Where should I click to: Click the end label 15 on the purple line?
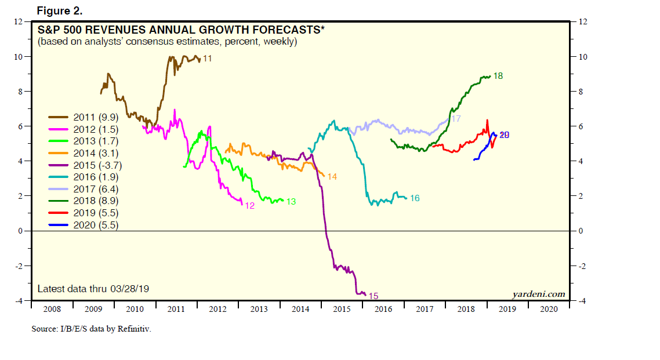click(373, 296)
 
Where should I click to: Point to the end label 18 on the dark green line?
click(498, 76)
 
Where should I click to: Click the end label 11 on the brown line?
click(207, 59)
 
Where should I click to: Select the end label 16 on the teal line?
click(415, 198)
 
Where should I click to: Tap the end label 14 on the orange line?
click(332, 176)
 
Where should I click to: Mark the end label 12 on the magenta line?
click(250, 205)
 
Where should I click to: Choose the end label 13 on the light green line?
click(291, 202)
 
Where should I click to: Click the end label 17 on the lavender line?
click(456, 119)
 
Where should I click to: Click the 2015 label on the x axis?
click(342, 309)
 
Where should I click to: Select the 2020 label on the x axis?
click(548, 309)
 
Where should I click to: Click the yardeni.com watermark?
click(539, 294)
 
